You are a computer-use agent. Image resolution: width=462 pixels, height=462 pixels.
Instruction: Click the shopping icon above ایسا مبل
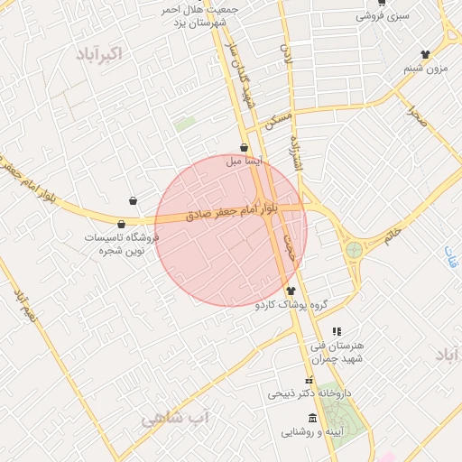(x=244, y=147)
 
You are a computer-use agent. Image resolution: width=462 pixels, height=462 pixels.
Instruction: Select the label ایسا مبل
(x=246, y=162)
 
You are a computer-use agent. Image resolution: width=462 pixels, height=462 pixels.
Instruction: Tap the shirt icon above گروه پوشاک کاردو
(x=291, y=291)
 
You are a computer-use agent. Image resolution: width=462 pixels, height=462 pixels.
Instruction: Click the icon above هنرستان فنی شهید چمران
(x=337, y=331)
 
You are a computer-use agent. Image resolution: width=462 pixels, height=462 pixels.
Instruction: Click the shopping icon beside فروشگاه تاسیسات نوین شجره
(x=121, y=223)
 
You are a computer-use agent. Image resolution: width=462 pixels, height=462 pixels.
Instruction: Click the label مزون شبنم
(x=425, y=69)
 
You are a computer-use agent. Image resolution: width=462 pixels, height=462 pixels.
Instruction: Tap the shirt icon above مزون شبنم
(x=425, y=54)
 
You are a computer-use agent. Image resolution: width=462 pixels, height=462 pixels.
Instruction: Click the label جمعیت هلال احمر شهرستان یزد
(x=189, y=15)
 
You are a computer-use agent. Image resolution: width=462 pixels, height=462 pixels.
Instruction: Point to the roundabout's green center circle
(x=353, y=249)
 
